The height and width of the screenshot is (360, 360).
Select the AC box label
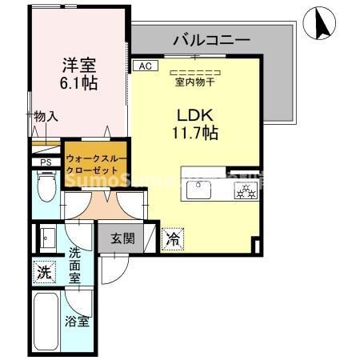144,66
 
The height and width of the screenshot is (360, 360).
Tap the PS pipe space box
45,162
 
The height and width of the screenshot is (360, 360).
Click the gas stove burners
244,190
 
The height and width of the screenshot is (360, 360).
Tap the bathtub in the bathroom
46,320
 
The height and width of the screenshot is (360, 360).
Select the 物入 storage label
46,116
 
